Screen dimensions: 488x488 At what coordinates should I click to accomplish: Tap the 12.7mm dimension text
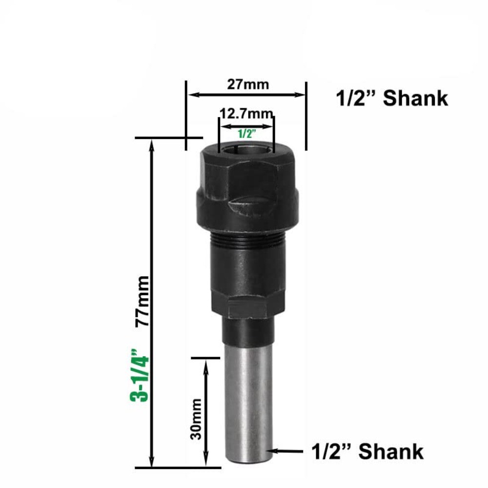click(x=246, y=114)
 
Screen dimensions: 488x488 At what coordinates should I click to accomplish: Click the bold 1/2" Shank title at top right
click(x=392, y=99)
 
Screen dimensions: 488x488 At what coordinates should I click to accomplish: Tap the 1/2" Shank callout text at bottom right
click(x=367, y=451)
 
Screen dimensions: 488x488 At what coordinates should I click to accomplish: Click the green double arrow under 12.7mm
click(x=246, y=126)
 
